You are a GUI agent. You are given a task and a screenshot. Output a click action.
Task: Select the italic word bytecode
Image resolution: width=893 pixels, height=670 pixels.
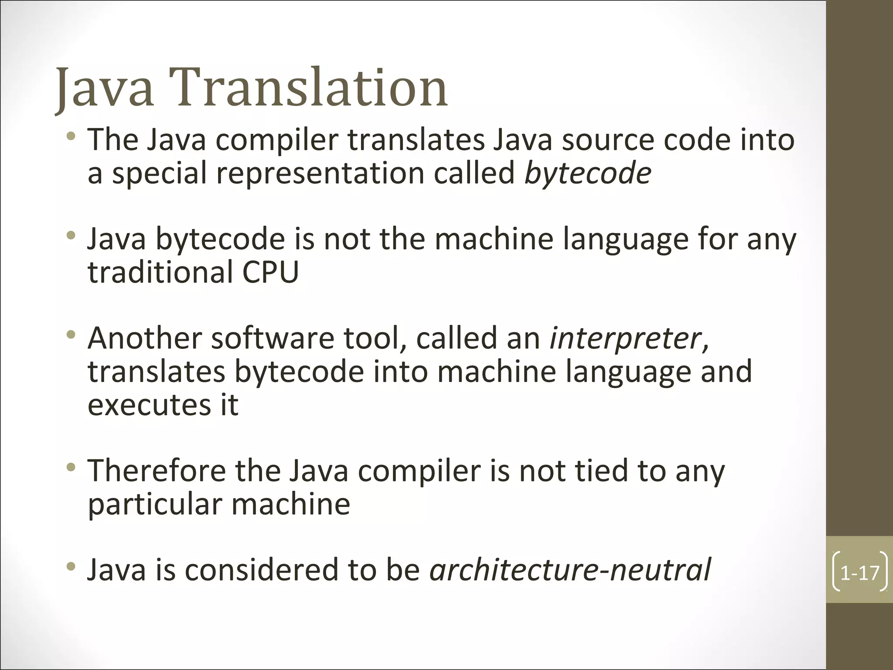pos(587,174)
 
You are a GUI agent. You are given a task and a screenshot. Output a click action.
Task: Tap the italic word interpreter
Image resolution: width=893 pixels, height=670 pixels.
pos(625,338)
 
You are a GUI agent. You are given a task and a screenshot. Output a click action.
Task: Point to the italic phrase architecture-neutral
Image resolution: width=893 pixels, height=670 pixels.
pos(570,570)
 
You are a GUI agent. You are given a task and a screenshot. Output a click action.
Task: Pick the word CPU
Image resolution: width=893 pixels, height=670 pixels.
pos(270,272)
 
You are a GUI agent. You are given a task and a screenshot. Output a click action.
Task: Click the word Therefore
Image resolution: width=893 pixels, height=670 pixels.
pos(157,471)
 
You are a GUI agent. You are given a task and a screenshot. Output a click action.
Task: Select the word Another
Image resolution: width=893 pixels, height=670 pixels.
pos(144,338)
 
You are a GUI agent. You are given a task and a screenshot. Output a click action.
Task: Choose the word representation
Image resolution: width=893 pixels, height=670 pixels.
pos(320,174)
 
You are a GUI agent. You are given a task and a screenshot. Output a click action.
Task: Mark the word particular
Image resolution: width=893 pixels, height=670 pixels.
pos(155,505)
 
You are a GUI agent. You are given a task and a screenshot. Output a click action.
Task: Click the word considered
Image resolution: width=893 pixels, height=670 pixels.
pos(261,570)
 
